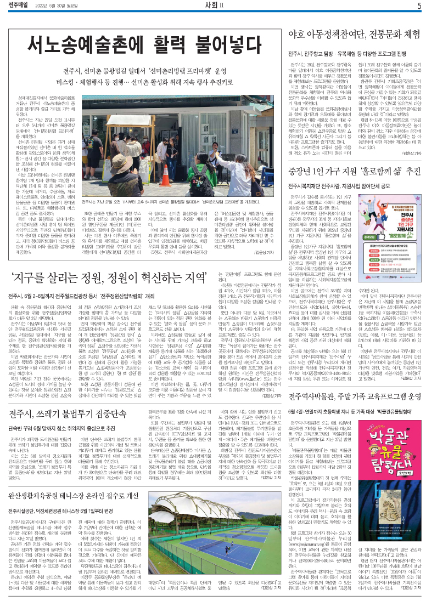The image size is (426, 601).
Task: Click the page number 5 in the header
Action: coord(418,6)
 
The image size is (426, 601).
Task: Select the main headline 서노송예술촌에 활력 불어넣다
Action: coord(137,43)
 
